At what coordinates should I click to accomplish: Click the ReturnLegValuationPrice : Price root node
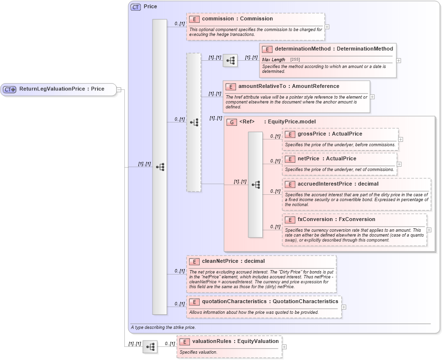(x=61, y=89)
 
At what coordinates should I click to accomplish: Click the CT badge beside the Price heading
(x=136, y=7)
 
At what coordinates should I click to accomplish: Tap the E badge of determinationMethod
(x=267, y=49)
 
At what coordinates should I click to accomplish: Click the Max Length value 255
(x=295, y=59)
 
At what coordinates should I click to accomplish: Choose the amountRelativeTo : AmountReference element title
(x=289, y=86)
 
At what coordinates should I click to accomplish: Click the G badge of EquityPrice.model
(x=231, y=121)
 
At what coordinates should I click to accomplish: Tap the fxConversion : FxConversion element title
(x=329, y=219)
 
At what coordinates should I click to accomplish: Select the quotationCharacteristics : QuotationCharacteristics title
(x=270, y=301)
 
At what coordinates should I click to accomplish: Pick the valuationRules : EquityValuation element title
(x=235, y=341)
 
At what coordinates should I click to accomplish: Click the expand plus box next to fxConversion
(x=429, y=230)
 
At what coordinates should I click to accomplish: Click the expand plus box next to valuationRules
(x=284, y=347)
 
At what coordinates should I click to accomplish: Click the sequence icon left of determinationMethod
(x=230, y=61)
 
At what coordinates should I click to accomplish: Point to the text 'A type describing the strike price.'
(x=163, y=327)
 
